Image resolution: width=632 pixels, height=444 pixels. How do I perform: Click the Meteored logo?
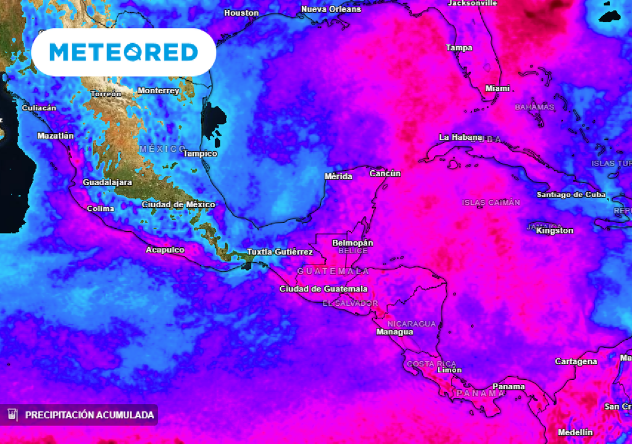click(123, 52)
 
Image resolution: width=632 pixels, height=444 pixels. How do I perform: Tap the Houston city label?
click(241, 13)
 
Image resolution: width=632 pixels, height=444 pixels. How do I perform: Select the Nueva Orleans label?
click(331, 9)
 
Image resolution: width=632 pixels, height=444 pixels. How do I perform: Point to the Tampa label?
click(459, 47)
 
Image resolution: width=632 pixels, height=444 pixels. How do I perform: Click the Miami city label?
click(497, 89)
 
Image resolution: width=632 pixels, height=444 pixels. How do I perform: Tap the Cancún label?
click(385, 173)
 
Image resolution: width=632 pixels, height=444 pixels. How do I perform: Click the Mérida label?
click(338, 176)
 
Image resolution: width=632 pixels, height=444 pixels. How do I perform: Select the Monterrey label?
click(158, 91)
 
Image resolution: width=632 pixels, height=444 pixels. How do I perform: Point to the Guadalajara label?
click(107, 183)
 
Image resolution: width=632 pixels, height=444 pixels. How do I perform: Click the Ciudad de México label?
click(178, 204)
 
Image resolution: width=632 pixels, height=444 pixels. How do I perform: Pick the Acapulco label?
click(165, 250)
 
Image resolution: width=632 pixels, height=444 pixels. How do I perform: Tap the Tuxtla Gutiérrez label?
click(280, 252)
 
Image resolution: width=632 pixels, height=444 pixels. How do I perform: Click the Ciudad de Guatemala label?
click(323, 289)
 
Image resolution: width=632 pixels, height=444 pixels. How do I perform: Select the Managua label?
click(394, 332)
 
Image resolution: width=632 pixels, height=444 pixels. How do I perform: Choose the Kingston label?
click(555, 231)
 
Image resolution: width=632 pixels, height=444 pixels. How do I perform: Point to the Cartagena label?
click(576, 361)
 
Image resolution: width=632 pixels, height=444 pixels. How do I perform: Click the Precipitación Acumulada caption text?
click(89, 415)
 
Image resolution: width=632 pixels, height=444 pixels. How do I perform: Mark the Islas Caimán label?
click(491, 202)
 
